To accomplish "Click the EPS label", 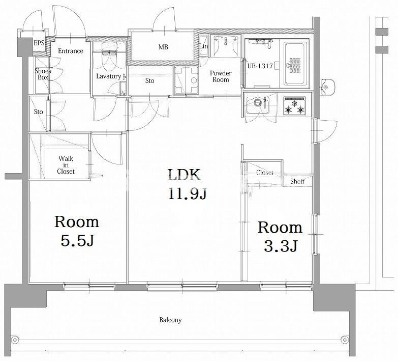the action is (39, 43).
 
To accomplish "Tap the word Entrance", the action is (71, 51).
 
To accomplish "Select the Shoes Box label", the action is (43, 74).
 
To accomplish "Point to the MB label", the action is (163, 47).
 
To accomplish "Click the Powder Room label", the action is (221, 76).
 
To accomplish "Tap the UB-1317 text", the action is (260, 66).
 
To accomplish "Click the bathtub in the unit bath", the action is (296, 64).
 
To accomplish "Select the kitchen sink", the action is (258, 105).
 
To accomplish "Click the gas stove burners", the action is (294, 106).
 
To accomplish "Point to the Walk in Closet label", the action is (66, 165).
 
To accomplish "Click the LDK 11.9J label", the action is (188, 184).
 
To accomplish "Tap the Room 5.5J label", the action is (77, 231).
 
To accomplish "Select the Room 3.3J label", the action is (280, 236).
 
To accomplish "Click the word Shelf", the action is (297, 181).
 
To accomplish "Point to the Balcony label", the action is (170, 320).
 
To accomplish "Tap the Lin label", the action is (203, 46).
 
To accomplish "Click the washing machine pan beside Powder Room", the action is (186, 80).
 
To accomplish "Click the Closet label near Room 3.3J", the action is (264, 173).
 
